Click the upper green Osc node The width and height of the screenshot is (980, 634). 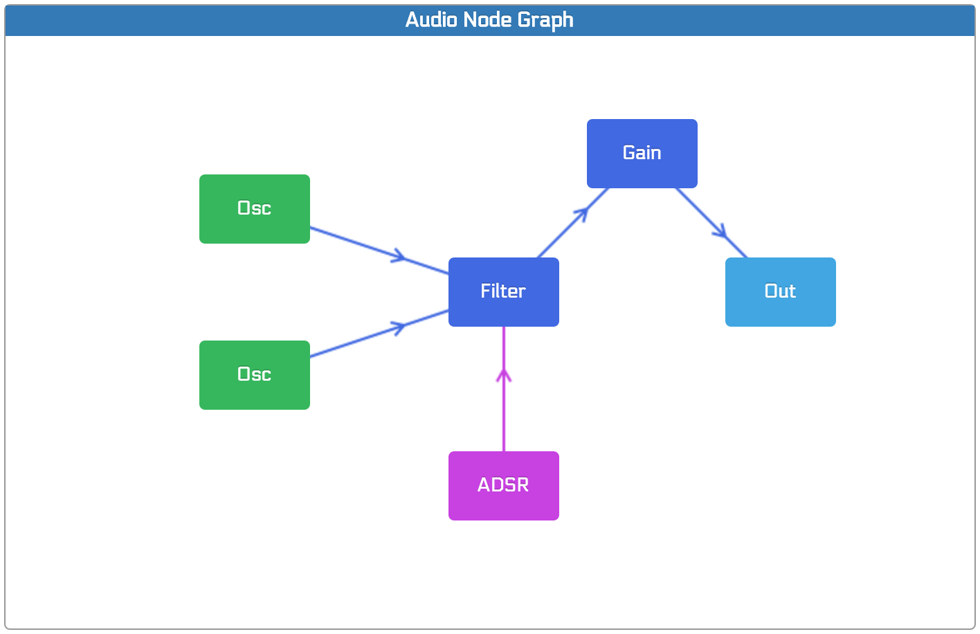pyautogui.click(x=255, y=209)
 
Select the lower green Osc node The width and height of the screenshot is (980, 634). pyautogui.click(x=255, y=375)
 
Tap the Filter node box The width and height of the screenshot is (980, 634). pyautogui.click(x=504, y=292)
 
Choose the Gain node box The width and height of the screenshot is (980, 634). pyautogui.click(x=642, y=154)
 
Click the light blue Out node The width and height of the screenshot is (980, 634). pyautogui.click(x=781, y=292)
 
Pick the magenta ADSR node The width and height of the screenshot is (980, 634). pyautogui.click(x=504, y=486)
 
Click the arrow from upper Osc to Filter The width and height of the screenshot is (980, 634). pyautogui.click(x=379, y=251)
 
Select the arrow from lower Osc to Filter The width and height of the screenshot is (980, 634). pyautogui.click(x=379, y=334)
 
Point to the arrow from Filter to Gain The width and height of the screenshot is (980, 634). pyautogui.click(x=572, y=223)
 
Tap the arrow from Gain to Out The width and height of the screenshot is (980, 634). pyautogui.click(x=711, y=223)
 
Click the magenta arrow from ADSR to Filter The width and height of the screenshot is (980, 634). pyautogui.click(x=504, y=389)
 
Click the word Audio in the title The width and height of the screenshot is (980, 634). pyautogui.click(x=431, y=19)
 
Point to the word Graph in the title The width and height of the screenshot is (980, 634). pyautogui.click(x=545, y=21)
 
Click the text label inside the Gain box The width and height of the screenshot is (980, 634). pyautogui.click(x=642, y=153)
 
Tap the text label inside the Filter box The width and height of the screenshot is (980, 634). pyautogui.click(x=503, y=291)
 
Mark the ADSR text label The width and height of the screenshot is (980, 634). pyautogui.click(x=503, y=484)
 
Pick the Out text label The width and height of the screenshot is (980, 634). pyautogui.click(x=780, y=291)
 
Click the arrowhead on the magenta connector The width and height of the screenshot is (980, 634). pyautogui.click(x=504, y=376)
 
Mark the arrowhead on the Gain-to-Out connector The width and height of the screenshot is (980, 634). pyautogui.click(x=720, y=231)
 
